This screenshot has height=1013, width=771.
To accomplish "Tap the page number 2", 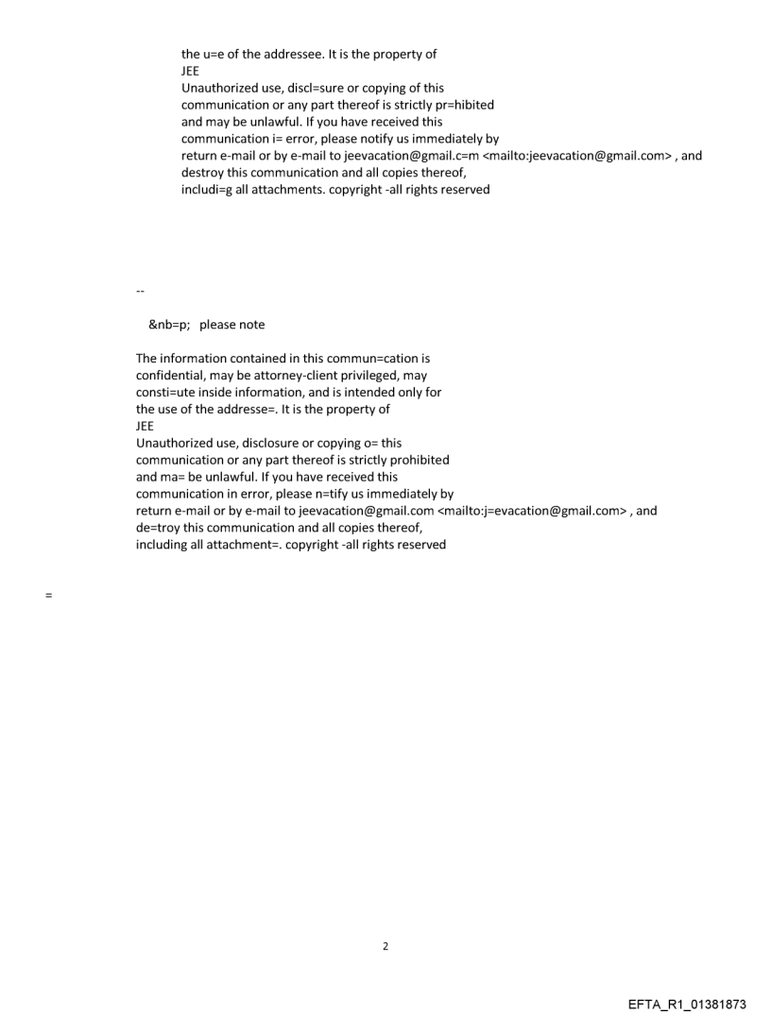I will [385, 946].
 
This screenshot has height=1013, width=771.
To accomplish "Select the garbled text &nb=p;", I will [169, 325].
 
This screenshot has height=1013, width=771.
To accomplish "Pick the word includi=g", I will [208, 190].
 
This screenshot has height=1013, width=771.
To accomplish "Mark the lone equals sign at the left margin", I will [48, 597].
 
